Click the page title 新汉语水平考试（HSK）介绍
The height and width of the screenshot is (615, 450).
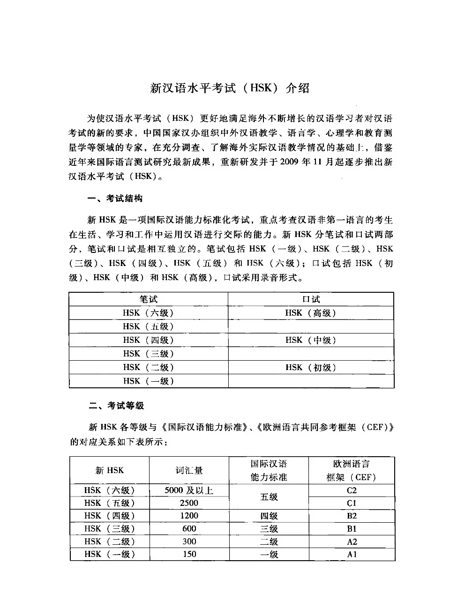(x=230, y=88)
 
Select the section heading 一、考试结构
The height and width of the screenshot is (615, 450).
(x=115, y=199)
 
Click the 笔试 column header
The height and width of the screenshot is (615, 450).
(x=148, y=299)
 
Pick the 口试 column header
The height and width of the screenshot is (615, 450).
(x=311, y=299)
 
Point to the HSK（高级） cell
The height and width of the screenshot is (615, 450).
(x=311, y=313)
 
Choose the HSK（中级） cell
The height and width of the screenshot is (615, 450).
(x=311, y=340)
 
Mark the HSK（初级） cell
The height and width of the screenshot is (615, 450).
(x=311, y=367)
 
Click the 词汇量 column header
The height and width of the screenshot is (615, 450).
(x=189, y=470)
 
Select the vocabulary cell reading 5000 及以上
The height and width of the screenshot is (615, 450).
(x=189, y=490)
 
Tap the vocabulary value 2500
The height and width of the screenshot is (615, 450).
(x=189, y=503)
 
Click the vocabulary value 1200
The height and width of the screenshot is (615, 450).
(x=189, y=516)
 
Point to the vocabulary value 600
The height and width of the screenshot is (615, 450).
(x=189, y=528)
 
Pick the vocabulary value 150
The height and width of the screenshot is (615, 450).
(x=189, y=554)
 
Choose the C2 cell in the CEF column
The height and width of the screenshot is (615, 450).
(x=352, y=490)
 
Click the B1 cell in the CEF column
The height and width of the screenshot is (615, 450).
(x=352, y=528)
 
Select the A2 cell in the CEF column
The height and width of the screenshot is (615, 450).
(x=352, y=541)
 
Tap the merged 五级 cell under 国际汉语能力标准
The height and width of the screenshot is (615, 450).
(x=269, y=497)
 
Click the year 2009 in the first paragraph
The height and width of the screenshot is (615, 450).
(x=291, y=162)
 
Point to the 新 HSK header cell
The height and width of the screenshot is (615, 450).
(x=110, y=470)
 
